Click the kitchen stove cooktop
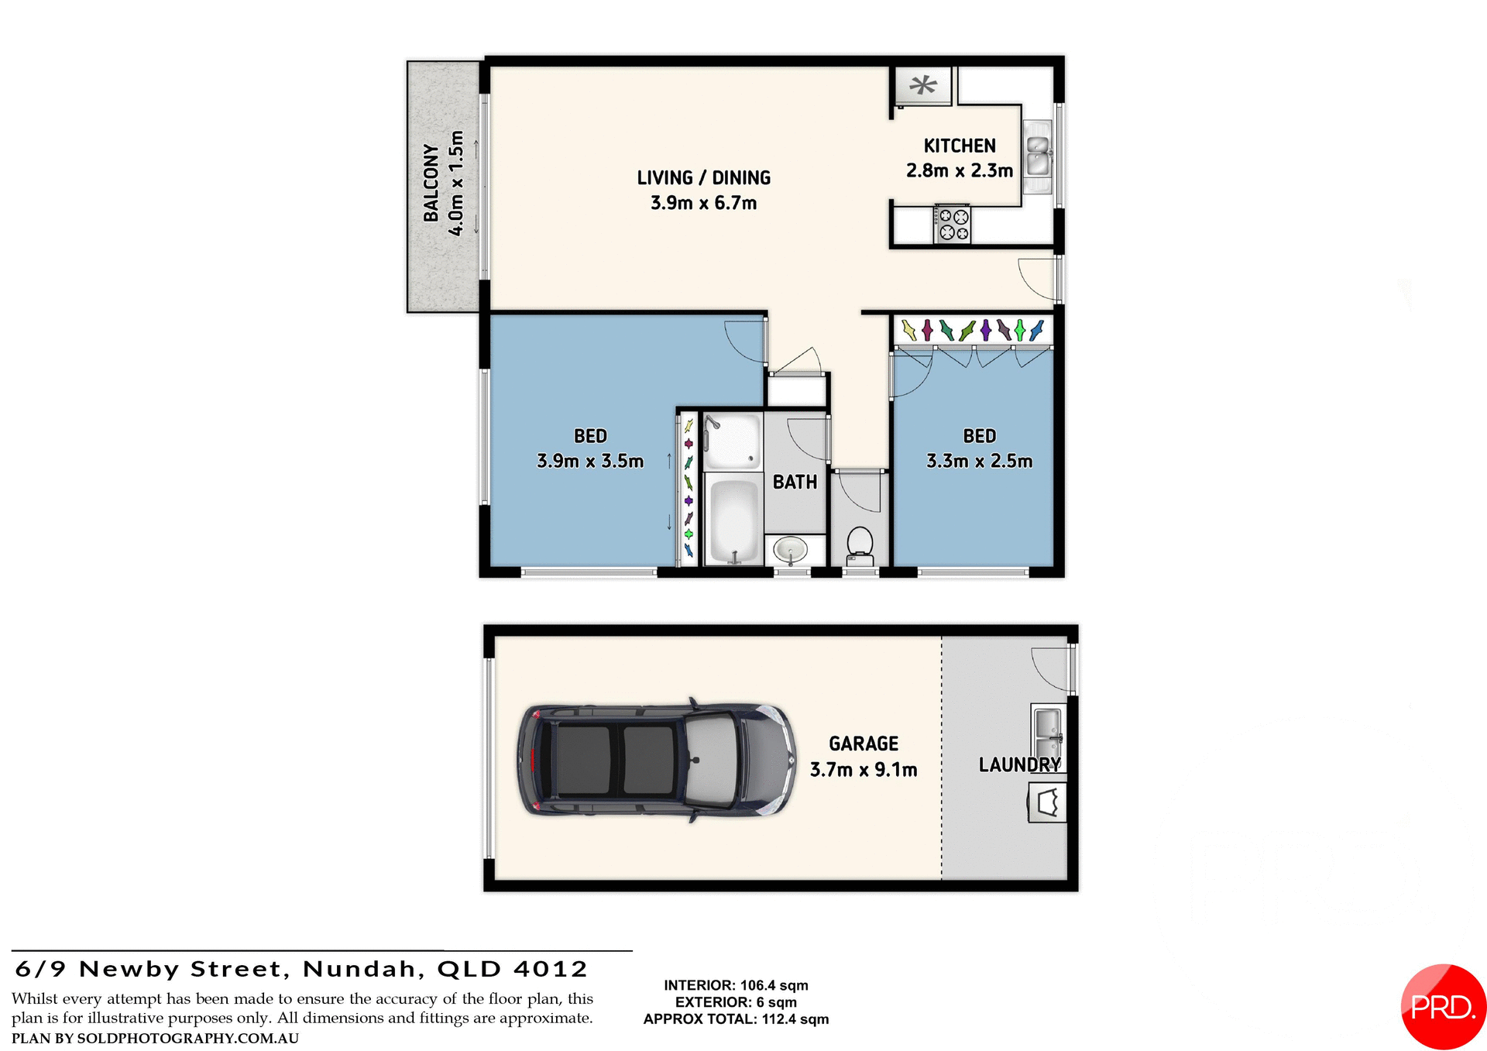point(953,224)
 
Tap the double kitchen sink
point(1038,155)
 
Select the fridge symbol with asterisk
point(922,85)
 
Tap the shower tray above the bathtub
point(732,441)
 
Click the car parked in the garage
point(656,760)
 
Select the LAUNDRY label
point(1019,764)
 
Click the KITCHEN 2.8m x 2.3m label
point(960,158)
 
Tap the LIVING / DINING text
point(703,178)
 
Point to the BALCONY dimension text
point(457,183)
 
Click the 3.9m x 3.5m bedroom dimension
point(590,461)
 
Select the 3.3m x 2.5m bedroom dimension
point(979,461)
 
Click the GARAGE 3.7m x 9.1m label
point(864,757)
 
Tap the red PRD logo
point(1442,1006)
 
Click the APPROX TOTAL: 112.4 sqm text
point(736,1019)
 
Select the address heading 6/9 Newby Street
point(301,969)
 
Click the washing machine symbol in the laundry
point(1047,802)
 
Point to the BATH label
point(795,482)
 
